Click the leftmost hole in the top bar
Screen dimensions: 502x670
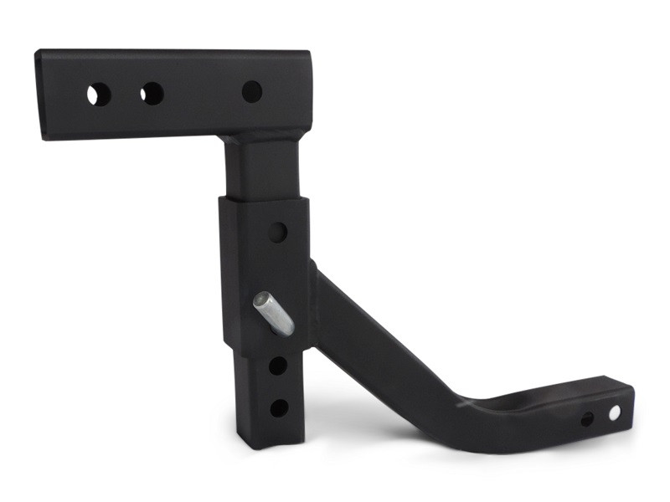[x=99, y=95]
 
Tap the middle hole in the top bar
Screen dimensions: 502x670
[x=152, y=94]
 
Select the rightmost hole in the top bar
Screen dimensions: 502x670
[x=252, y=91]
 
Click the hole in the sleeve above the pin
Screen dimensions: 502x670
[x=278, y=233]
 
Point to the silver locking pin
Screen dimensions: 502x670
[x=274, y=313]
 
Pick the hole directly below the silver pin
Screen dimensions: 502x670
[x=277, y=366]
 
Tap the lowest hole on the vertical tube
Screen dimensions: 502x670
[x=279, y=407]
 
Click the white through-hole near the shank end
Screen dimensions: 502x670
[x=615, y=412]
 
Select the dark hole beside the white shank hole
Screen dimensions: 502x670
[x=588, y=418]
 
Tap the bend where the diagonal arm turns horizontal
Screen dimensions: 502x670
[x=469, y=414]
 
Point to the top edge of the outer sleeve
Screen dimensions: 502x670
[x=264, y=200]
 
